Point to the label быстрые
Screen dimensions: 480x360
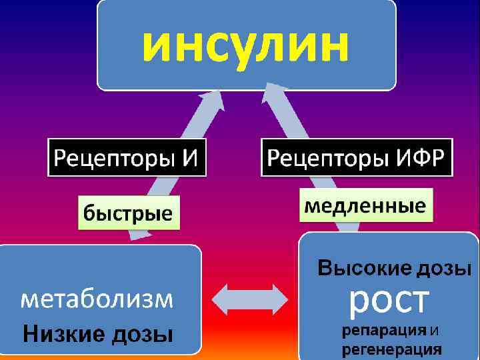[x=127, y=214]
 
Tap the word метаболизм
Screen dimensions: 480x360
[x=97, y=300]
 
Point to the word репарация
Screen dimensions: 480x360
[x=384, y=330]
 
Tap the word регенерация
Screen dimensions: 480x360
[x=391, y=348]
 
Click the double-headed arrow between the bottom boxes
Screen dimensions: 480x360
[x=250, y=299]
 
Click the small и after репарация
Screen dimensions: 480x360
[x=434, y=330]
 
